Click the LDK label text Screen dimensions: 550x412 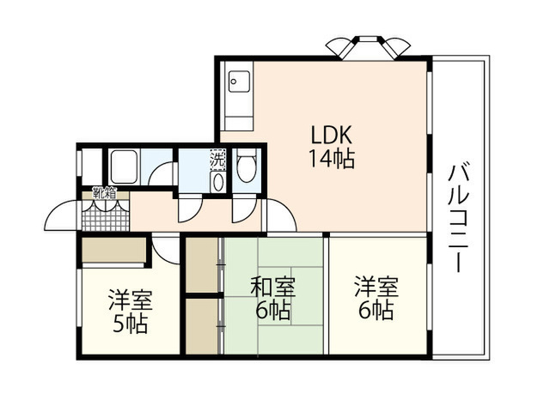[332, 135]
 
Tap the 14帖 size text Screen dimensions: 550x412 [332, 158]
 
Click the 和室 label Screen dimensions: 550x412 [273, 287]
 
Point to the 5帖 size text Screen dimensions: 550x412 [130, 324]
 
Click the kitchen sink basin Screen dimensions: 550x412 [240, 82]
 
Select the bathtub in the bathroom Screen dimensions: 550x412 [124, 167]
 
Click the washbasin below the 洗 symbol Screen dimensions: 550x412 [218, 182]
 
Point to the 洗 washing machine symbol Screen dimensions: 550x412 [217, 160]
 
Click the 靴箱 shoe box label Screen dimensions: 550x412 [104, 193]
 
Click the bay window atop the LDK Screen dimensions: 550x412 [368, 47]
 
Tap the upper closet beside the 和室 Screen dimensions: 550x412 [202, 265]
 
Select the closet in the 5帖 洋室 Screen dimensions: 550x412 [113, 250]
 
